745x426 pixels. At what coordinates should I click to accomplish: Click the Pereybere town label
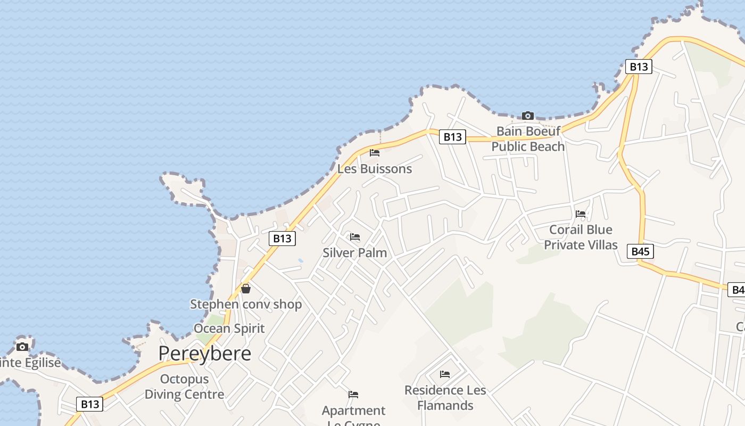[x=205, y=354]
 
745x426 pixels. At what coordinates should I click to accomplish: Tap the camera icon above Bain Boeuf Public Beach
[x=527, y=116]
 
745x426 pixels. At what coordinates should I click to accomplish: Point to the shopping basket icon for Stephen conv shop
[x=246, y=289]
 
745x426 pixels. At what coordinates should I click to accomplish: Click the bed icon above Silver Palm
[x=355, y=237]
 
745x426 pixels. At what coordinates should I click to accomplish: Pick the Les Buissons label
[x=375, y=169]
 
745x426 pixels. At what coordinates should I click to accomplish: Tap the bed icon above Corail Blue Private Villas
[x=581, y=214]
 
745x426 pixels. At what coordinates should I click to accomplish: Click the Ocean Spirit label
[x=229, y=328]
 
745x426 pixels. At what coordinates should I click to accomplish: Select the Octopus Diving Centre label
[x=184, y=387]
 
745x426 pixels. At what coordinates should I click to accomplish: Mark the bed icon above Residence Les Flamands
[x=445, y=374]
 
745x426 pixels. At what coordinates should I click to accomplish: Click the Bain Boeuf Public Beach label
[x=528, y=138]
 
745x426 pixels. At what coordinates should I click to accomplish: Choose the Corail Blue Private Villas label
[x=581, y=237]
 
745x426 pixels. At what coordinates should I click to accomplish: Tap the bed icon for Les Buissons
[x=375, y=153]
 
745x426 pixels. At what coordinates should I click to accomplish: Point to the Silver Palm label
[x=355, y=252]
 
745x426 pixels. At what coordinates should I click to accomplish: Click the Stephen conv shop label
[x=246, y=305]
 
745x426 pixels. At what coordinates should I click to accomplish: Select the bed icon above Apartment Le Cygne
[x=353, y=395]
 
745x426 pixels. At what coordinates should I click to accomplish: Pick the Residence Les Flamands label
[x=445, y=398]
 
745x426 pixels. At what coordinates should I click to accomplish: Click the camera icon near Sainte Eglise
[x=22, y=347]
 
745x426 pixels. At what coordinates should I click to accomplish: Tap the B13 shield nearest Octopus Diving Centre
[x=90, y=404]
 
